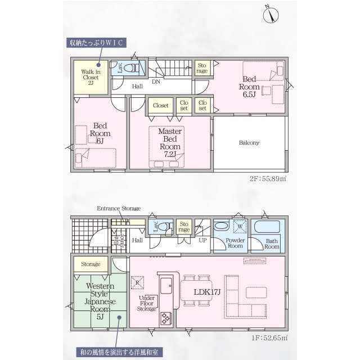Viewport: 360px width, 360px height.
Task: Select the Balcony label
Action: (249, 143)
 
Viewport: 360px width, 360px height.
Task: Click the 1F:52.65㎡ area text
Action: (268, 337)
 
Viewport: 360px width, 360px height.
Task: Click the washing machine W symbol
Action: (240, 228)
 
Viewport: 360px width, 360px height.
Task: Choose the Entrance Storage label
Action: (119, 208)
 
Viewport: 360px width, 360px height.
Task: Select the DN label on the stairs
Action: (156, 82)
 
